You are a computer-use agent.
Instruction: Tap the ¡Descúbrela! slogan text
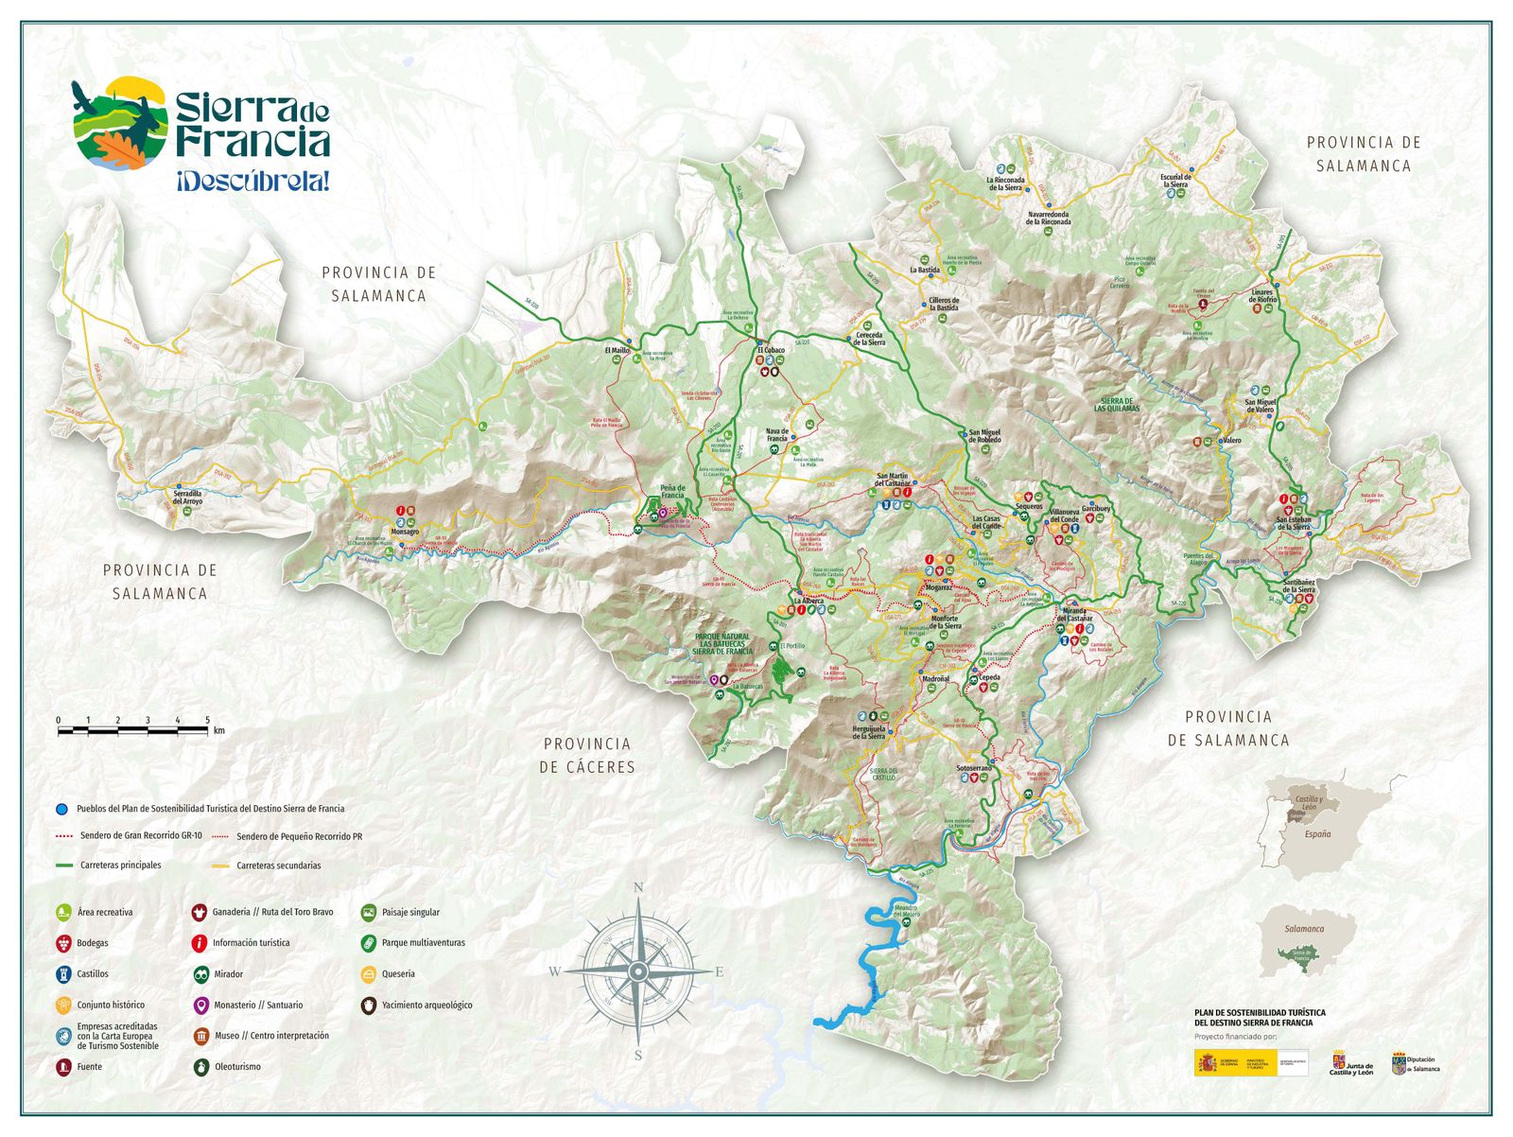(252, 182)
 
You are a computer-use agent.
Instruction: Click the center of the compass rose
(638, 971)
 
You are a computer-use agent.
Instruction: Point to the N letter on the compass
(638, 887)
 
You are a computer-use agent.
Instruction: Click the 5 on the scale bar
(207, 721)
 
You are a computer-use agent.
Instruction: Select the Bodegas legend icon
(63, 943)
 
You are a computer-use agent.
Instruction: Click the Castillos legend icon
(63, 973)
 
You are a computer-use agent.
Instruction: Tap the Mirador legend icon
(200, 973)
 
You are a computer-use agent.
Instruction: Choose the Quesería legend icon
(368, 973)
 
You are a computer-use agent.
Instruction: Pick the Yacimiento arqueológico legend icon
(368, 1005)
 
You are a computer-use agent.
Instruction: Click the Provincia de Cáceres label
(587, 756)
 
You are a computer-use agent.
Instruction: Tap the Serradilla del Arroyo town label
(187, 497)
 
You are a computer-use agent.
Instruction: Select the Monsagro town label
(405, 532)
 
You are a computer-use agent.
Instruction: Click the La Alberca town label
(809, 601)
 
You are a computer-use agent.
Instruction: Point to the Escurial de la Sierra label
(1175, 181)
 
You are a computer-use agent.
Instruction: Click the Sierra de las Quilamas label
(1117, 405)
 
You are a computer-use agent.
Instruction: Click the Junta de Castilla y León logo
(1351, 1063)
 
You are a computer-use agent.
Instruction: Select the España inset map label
(1317, 834)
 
